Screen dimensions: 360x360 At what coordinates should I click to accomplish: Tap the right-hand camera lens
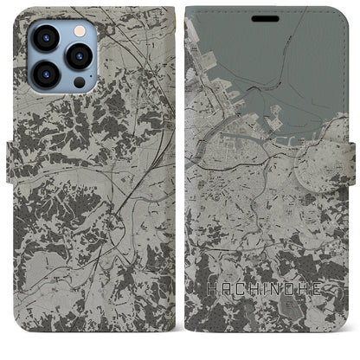tap(79, 55)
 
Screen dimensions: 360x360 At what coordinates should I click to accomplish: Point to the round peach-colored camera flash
tap(78, 29)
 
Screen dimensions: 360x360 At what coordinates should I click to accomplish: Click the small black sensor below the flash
tap(79, 82)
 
